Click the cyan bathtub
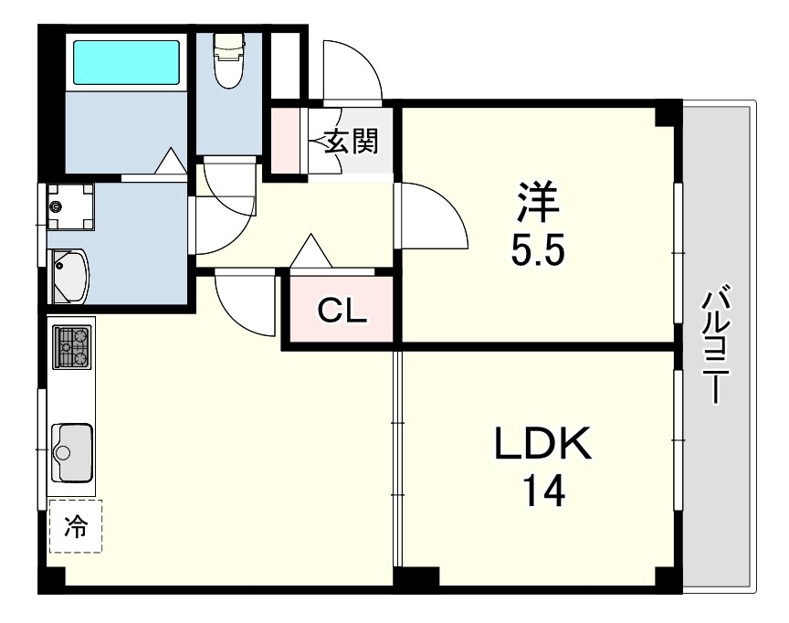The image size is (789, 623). [x=126, y=62]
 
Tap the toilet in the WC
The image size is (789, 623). [x=229, y=60]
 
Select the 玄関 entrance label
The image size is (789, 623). [x=352, y=142]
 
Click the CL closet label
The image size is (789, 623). [x=342, y=311]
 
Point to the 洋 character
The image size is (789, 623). [x=538, y=201]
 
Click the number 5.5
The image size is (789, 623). [x=538, y=250]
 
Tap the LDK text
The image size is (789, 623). [x=543, y=443]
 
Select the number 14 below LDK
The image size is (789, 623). [x=543, y=491]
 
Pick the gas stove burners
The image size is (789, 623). [x=73, y=347]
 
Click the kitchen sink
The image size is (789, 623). [x=72, y=453]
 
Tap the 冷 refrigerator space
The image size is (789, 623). [x=76, y=526]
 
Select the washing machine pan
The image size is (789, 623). [x=71, y=206]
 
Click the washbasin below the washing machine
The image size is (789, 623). [x=69, y=276]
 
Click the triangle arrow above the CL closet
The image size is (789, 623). [x=311, y=250]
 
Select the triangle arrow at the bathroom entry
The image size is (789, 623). [x=170, y=161]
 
